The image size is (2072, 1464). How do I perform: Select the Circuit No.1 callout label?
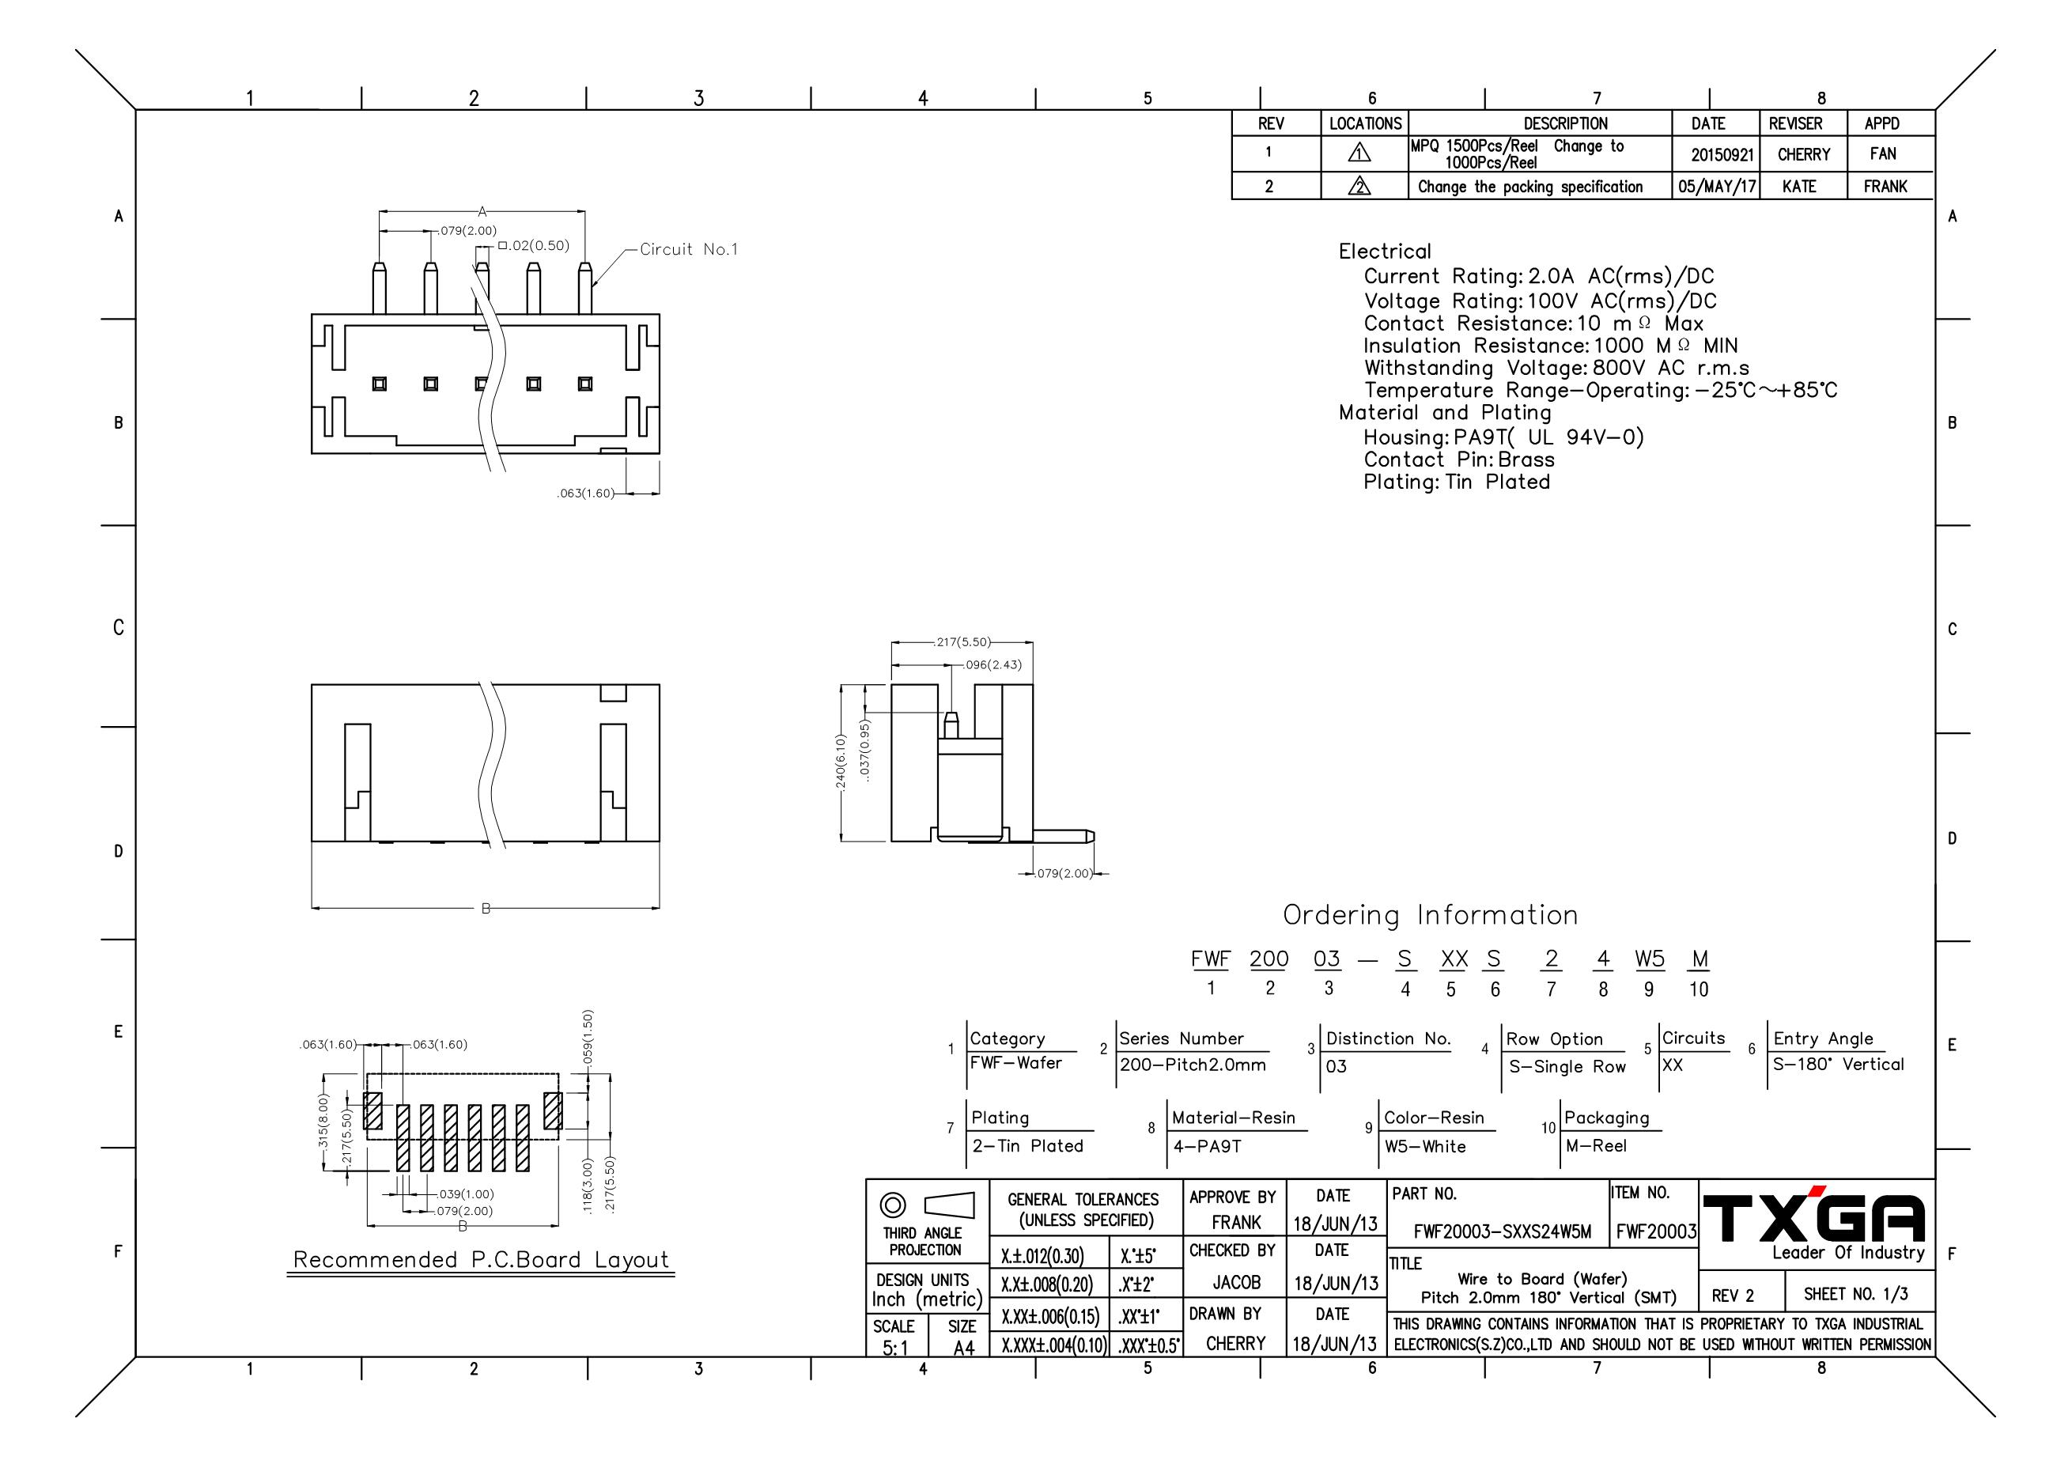point(689,249)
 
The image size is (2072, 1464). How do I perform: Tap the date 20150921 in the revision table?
point(1722,154)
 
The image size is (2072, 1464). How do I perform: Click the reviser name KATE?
point(1798,187)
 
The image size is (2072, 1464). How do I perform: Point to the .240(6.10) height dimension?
point(840,763)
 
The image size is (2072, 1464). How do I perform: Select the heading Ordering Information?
point(1431,915)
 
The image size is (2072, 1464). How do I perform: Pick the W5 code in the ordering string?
point(1650,959)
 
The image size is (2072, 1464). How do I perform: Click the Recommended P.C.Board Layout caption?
point(481,1259)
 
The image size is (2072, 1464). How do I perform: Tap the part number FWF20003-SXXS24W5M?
point(1503,1231)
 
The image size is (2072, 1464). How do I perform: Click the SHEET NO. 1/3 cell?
point(1855,1294)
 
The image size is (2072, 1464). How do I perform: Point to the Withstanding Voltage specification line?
point(1556,369)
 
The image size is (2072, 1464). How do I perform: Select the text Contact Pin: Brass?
point(1458,460)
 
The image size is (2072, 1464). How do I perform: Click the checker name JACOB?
point(1235,1283)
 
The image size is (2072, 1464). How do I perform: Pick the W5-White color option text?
point(1425,1146)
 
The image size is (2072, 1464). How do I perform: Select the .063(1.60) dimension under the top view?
point(587,494)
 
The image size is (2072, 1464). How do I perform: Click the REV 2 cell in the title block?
point(1733,1296)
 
